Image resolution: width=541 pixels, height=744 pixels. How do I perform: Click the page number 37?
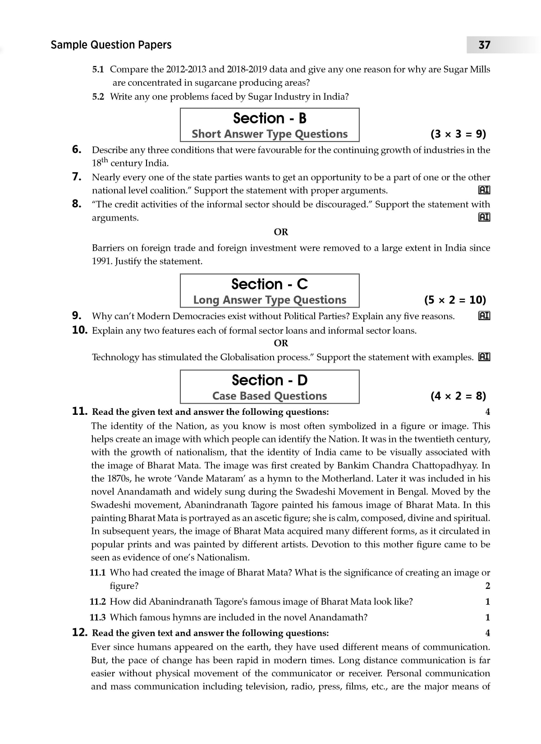click(x=484, y=45)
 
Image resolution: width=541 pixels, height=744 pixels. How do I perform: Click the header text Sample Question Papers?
click(x=111, y=45)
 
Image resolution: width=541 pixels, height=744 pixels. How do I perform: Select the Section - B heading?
click(x=270, y=118)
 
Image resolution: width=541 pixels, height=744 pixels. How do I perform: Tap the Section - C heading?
click(x=270, y=284)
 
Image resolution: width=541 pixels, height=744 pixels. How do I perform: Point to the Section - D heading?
click(x=270, y=380)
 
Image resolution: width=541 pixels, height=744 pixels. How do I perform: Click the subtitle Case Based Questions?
click(x=270, y=396)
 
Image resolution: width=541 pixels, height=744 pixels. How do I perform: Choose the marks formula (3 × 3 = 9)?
click(x=458, y=134)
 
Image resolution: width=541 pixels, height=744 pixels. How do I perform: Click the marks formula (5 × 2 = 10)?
click(x=455, y=300)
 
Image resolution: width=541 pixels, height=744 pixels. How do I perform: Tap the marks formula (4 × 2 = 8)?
click(x=458, y=396)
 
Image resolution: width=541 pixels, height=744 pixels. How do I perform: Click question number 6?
click(x=77, y=149)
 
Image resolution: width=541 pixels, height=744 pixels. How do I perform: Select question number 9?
click(x=77, y=316)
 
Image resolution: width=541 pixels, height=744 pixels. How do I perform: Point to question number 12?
click(x=80, y=632)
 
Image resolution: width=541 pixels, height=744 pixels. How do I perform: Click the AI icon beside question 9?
click(x=484, y=316)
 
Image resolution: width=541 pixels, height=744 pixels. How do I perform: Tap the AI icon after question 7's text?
click(x=484, y=190)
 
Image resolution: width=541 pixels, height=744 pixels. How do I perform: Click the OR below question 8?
click(x=281, y=232)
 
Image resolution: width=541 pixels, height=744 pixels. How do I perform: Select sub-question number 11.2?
click(x=97, y=602)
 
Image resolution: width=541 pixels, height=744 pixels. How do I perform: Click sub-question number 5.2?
click(x=98, y=96)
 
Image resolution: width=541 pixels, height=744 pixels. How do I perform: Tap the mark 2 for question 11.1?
click(x=487, y=586)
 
